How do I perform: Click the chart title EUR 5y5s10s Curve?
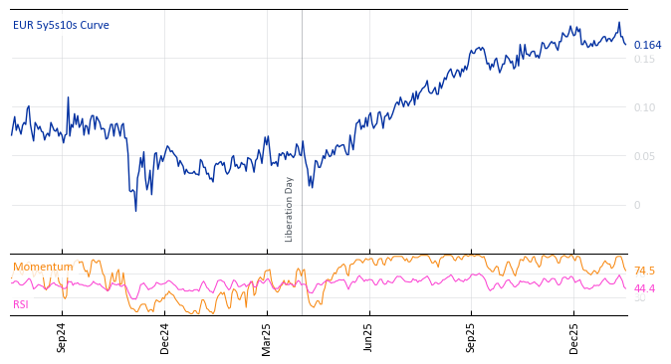tap(61, 25)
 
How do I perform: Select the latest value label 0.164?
tap(647, 45)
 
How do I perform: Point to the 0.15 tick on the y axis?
tap(644, 59)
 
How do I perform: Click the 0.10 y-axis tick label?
tap(644, 107)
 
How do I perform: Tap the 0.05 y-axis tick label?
tap(644, 156)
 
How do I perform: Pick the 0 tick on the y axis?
tap(637, 205)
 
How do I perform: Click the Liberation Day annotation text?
tap(290, 209)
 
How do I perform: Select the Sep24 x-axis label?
tap(62, 338)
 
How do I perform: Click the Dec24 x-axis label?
tap(165, 338)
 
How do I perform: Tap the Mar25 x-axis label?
tap(267, 338)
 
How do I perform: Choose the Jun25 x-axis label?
tap(368, 338)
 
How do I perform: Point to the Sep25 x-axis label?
tap(471, 338)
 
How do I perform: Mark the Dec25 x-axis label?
tap(573, 338)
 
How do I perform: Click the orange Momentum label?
tap(43, 267)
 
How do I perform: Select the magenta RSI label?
tap(21, 304)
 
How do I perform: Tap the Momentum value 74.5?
tap(644, 271)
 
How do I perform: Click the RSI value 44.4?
tap(644, 288)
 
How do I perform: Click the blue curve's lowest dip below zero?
tap(135, 211)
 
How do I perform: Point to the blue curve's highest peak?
tap(618, 23)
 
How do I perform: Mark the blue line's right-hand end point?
tap(625, 44)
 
